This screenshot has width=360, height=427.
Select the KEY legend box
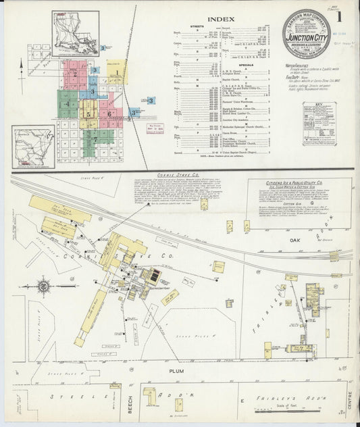(319, 124)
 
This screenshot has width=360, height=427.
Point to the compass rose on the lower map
(44, 286)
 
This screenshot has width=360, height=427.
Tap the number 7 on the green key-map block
(95, 139)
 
